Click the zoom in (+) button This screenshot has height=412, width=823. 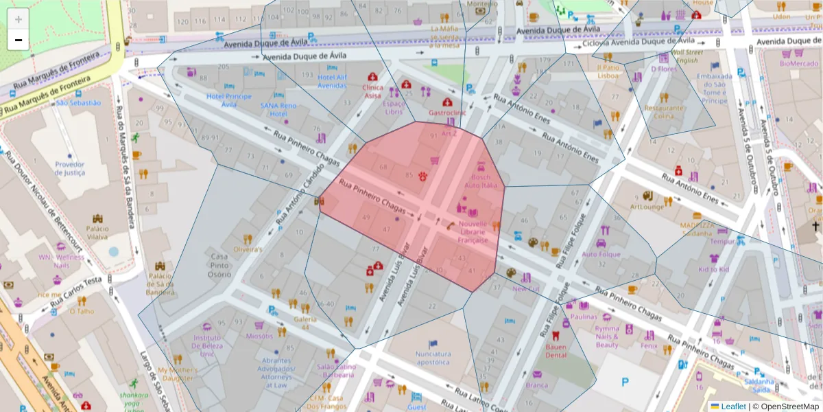(x=19, y=19)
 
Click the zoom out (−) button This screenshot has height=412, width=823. (x=19, y=40)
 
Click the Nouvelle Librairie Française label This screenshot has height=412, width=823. (x=473, y=232)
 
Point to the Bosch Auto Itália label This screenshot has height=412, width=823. (x=481, y=181)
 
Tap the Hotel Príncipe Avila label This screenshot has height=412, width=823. (x=229, y=100)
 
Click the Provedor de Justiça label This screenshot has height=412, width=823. (x=70, y=168)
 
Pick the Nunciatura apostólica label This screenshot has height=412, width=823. (x=433, y=358)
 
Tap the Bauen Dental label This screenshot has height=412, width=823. (x=556, y=351)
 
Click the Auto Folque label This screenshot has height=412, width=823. (x=601, y=254)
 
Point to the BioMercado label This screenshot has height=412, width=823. (x=799, y=64)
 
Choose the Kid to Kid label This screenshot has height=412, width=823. (x=714, y=270)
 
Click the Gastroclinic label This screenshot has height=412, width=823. (x=447, y=113)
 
